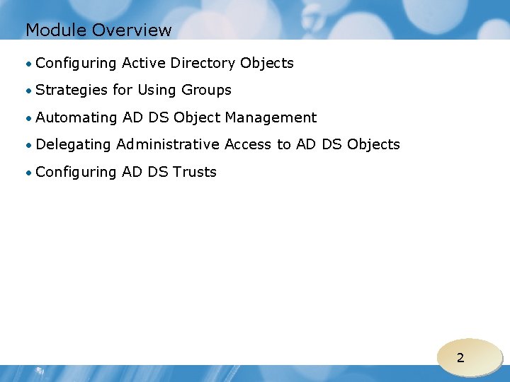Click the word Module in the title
[x=56, y=30]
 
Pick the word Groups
[x=206, y=91]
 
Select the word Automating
[x=76, y=117]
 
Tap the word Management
[x=271, y=117]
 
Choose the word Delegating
[x=74, y=145]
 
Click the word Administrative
[x=168, y=144]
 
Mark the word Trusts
[x=192, y=172]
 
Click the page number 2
[x=460, y=358]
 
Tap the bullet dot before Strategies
[x=29, y=91]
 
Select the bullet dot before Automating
[x=29, y=118]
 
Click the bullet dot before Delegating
[x=29, y=145]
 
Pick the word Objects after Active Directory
[x=267, y=64]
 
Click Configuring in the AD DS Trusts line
[x=76, y=172]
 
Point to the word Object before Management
[x=197, y=117]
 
